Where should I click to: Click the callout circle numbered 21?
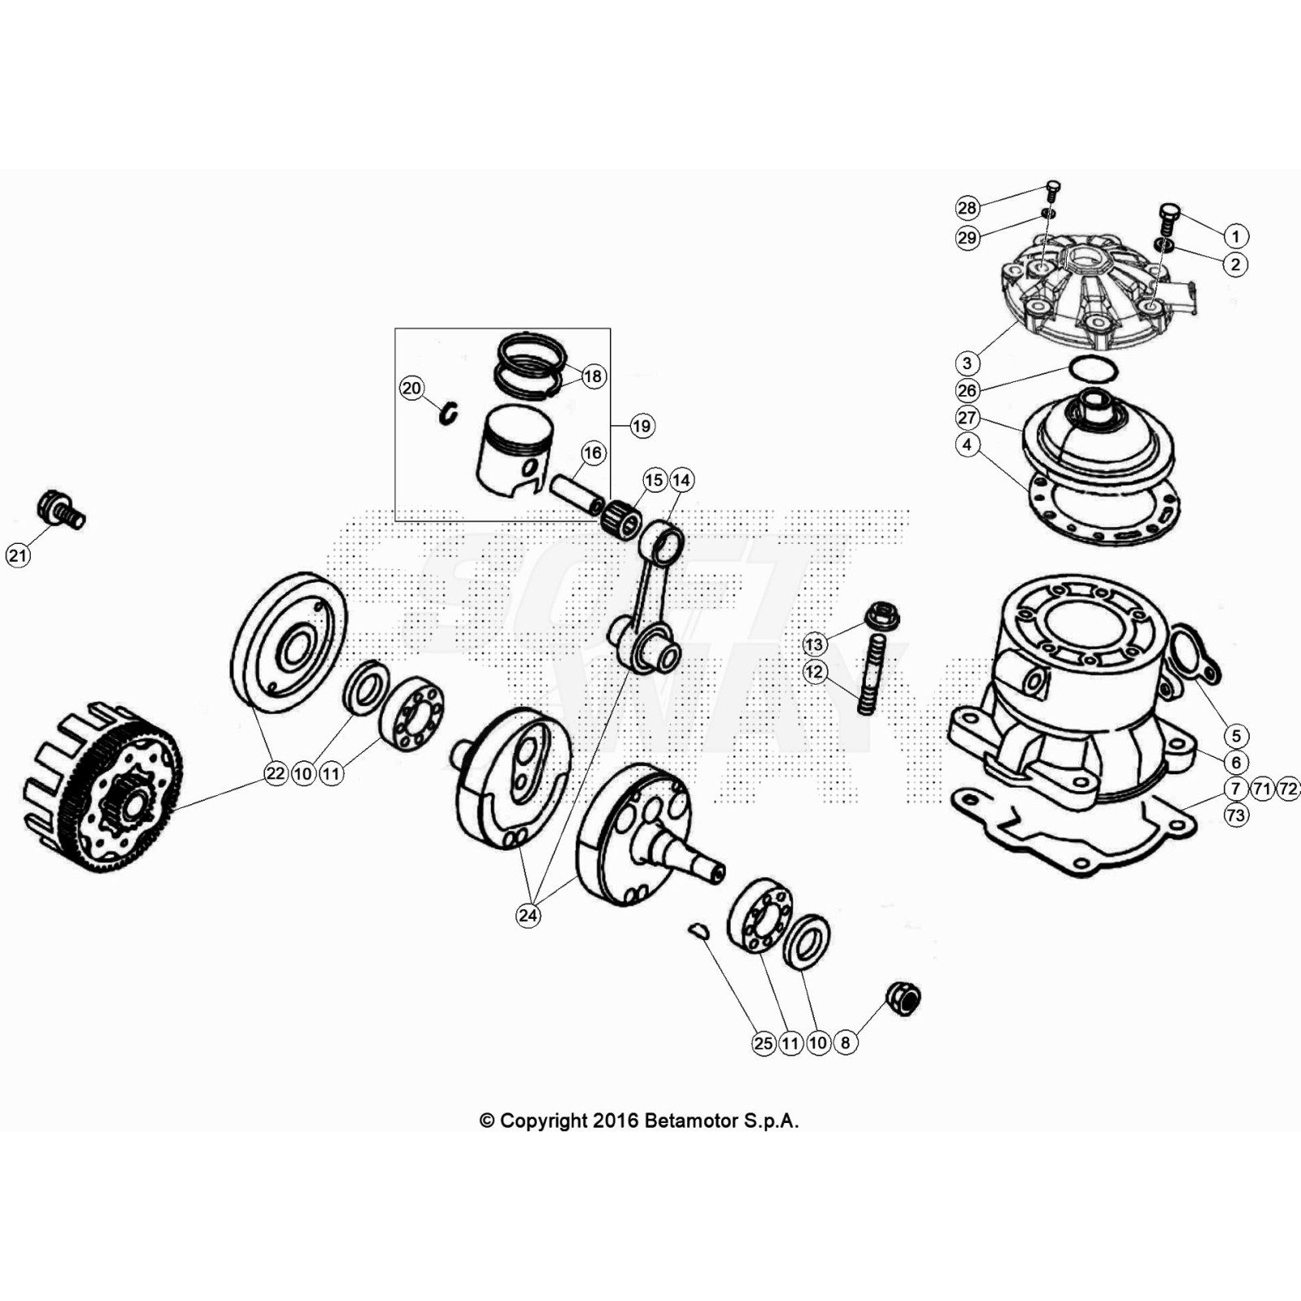point(18,555)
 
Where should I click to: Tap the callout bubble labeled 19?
point(642,425)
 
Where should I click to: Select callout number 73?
point(1235,815)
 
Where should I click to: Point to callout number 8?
point(845,1042)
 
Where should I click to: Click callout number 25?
point(764,1042)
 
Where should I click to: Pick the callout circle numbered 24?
point(528,916)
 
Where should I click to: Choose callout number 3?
point(967,363)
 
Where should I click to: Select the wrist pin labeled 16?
point(576,493)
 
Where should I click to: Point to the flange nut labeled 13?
point(881,616)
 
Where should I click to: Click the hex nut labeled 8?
point(903,998)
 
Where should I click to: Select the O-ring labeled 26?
point(1093,369)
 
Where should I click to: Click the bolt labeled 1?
point(1168,215)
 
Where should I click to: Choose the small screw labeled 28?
point(1052,191)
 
